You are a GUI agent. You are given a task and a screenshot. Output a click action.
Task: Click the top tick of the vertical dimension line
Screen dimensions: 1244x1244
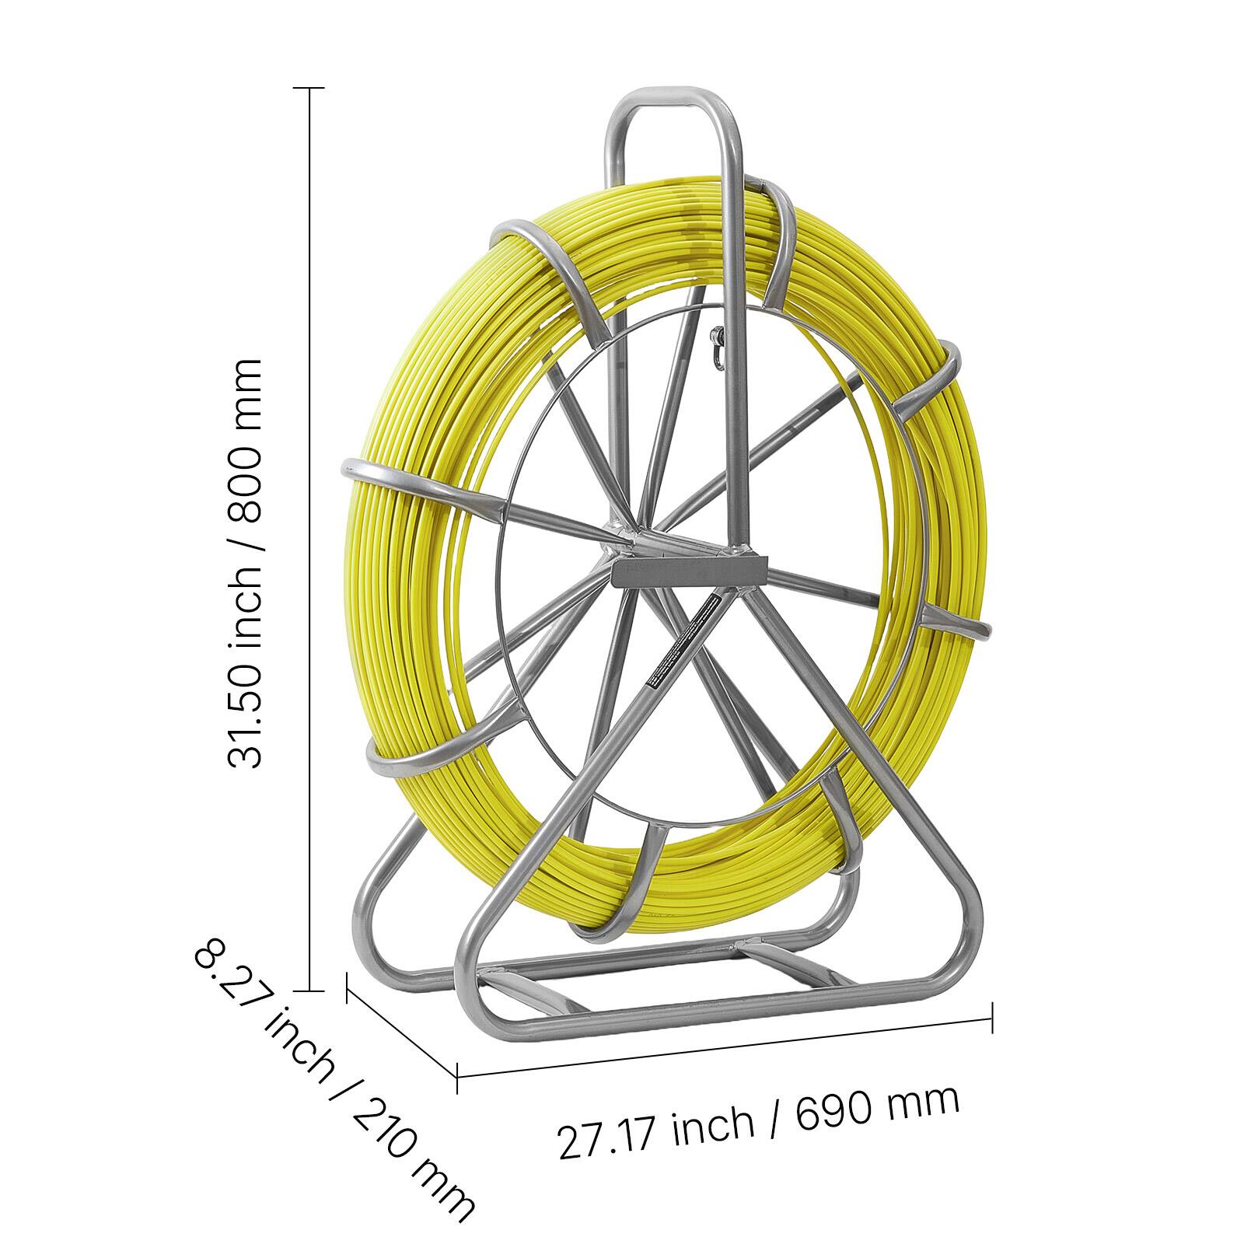312,89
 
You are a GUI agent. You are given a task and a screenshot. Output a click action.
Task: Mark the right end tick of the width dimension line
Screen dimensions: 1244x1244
993,1018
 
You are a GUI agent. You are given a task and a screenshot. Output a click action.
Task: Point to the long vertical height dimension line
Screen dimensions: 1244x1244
312,544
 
